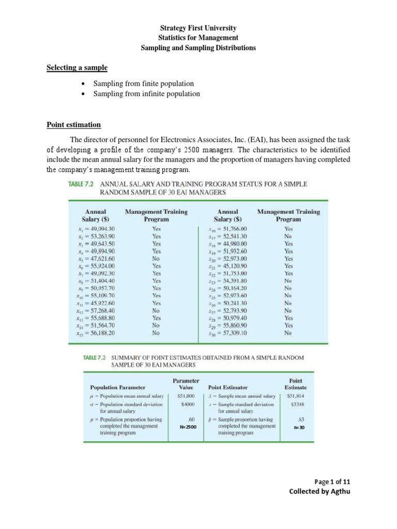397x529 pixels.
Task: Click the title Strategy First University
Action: coord(198,28)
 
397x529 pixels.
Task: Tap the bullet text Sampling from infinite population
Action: coord(146,94)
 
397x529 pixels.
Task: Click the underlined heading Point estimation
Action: coord(73,125)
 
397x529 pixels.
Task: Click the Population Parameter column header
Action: coord(118,386)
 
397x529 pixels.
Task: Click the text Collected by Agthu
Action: coord(319,491)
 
